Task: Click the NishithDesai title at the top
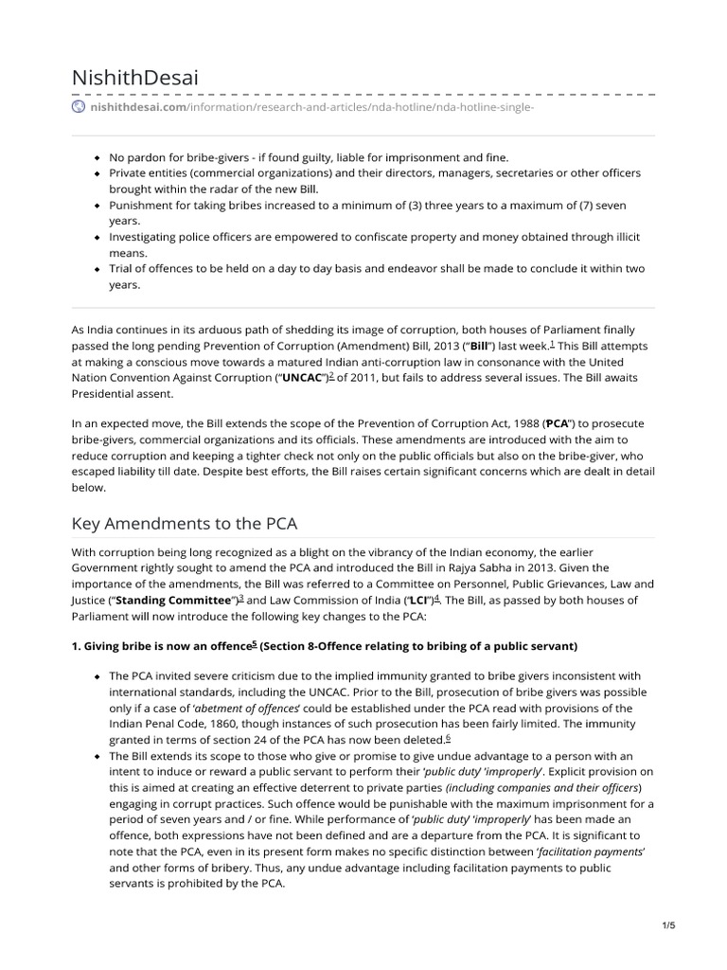tap(135, 78)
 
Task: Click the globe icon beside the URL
tap(79, 107)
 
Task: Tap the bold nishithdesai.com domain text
tap(137, 107)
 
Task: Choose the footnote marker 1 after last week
tap(552, 343)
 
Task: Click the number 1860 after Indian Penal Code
tap(214, 724)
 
